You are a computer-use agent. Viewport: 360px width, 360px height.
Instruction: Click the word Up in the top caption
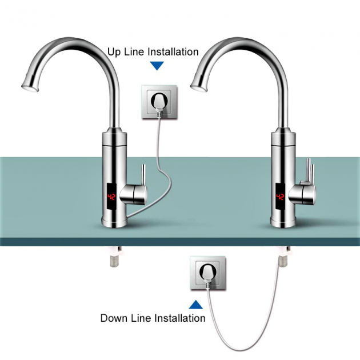114,52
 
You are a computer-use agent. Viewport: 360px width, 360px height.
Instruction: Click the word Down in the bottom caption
114,318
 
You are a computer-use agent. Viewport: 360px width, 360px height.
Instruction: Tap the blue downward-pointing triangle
157,66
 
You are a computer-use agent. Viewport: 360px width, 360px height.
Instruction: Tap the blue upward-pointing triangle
195,305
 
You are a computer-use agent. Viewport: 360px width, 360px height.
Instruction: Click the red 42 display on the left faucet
112,197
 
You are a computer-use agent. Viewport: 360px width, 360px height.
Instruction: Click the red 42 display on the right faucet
280,197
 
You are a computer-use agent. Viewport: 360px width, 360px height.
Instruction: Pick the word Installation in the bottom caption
180,318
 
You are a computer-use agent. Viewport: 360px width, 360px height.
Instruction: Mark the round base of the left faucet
114,222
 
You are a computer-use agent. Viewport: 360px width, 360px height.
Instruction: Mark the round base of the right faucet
283,222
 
